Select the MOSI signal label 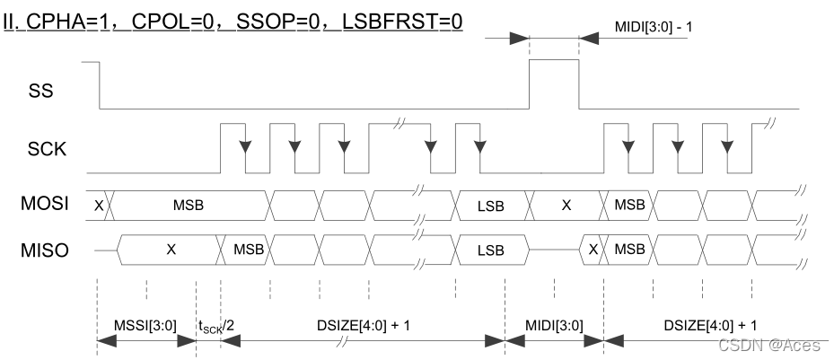click(x=44, y=205)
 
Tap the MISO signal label click(x=44, y=248)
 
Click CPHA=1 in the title click(x=65, y=19)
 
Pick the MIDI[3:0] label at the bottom click(x=554, y=324)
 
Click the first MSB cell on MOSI click(x=189, y=205)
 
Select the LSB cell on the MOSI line click(x=490, y=206)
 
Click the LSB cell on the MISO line click(x=490, y=249)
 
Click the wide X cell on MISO click(x=171, y=249)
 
